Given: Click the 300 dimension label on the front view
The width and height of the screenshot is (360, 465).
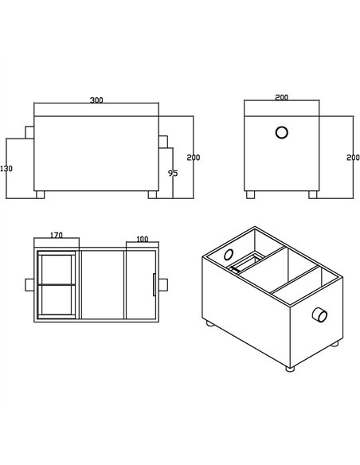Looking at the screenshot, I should [96, 100].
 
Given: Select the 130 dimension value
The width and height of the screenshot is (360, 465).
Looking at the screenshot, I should [7, 169].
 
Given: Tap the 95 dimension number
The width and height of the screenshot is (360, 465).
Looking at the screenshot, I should [173, 173].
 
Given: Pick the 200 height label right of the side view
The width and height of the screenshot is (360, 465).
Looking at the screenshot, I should [353, 158].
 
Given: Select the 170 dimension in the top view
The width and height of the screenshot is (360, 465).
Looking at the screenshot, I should [57, 236].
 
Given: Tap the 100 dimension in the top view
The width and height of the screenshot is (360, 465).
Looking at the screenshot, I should [143, 239].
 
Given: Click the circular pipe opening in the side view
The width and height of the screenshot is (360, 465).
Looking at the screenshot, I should [281, 134].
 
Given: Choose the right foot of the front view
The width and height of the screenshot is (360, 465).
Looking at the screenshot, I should [151, 193].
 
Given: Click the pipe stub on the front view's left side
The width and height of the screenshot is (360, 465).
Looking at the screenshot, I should [29, 131].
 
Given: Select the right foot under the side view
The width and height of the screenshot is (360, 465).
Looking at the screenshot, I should [312, 193].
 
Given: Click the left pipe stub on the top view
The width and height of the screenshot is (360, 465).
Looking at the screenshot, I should [29, 285].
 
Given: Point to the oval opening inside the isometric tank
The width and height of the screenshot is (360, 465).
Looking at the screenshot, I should [229, 255].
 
